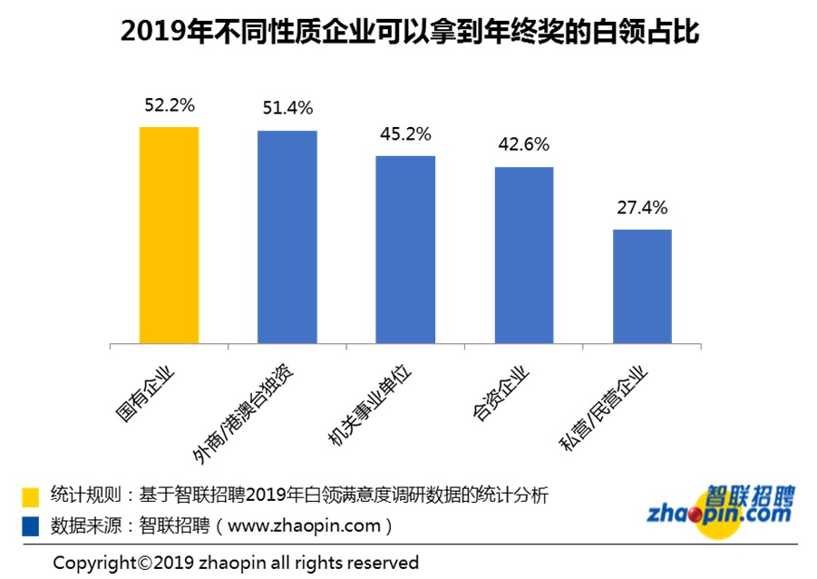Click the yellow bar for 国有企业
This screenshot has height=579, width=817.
pyautogui.click(x=169, y=235)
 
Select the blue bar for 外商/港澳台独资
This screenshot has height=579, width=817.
pyautogui.click(x=287, y=237)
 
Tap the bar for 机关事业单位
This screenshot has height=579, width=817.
pyautogui.click(x=405, y=250)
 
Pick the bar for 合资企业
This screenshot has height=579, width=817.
pyautogui.click(x=523, y=255)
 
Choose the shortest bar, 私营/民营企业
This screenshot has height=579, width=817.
pyautogui.click(x=642, y=286)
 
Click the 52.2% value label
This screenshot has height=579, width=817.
pyautogui.click(x=169, y=105)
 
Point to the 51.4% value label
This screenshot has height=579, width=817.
pyautogui.click(x=287, y=109)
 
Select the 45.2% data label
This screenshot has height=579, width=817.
pyautogui.click(x=405, y=134)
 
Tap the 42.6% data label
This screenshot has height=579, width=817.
pyautogui.click(x=523, y=145)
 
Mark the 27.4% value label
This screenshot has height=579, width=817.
pyautogui.click(x=642, y=208)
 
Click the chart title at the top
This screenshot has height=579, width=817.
pyautogui.click(x=408, y=34)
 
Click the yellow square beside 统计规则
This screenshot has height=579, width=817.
pyautogui.click(x=31, y=496)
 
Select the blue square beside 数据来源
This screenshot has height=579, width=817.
pyautogui.click(x=31, y=525)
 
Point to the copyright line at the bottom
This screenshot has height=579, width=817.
pyautogui.click(x=236, y=562)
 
